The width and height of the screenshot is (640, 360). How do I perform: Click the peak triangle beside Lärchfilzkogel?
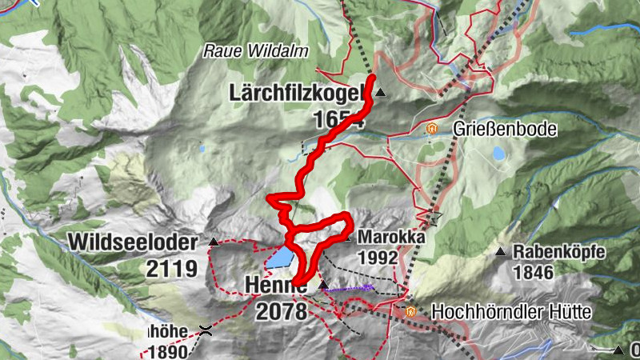point(381,93)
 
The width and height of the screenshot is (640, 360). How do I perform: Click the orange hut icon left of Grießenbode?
point(433,128)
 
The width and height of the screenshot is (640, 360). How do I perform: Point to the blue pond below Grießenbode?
point(498,152)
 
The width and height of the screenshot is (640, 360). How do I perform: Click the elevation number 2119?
point(171,268)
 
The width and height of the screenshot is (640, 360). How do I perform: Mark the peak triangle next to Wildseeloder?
point(213,242)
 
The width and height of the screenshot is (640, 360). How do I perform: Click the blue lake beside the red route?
point(279,258)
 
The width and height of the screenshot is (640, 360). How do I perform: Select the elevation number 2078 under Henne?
point(281,311)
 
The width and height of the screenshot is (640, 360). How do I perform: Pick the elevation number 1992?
point(378,258)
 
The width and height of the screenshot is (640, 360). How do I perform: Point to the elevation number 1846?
point(534,273)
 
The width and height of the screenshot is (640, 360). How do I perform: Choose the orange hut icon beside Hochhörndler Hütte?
point(411,311)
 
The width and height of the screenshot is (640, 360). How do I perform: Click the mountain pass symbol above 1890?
point(206,330)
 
